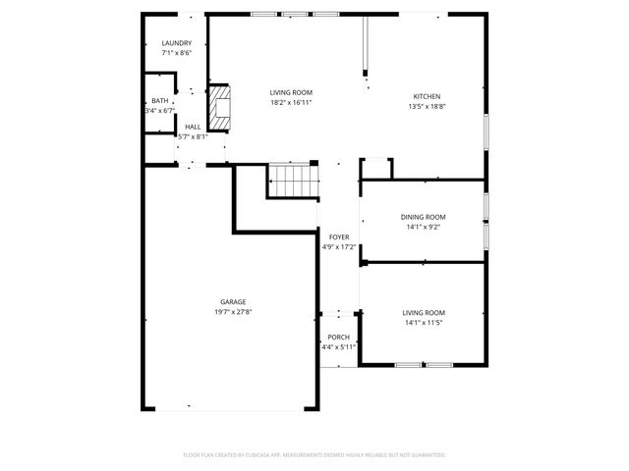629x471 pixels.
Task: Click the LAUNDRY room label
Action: click(177, 43)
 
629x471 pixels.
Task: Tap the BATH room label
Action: click(159, 101)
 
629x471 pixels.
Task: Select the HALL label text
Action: click(193, 127)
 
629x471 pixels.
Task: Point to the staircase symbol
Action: click(292, 182)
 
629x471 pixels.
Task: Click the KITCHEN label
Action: click(427, 96)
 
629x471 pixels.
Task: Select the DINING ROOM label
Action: click(423, 217)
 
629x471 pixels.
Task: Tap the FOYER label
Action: click(338, 237)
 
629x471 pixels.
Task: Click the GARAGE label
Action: click(233, 302)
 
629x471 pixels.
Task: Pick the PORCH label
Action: click(338, 338)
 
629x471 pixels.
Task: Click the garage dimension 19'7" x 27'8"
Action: click(233, 312)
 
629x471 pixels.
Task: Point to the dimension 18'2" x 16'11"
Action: click(291, 102)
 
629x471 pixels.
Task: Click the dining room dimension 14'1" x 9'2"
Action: click(423, 227)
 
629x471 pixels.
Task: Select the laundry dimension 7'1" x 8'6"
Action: click(177, 53)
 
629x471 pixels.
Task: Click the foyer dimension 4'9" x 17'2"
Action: click(338, 247)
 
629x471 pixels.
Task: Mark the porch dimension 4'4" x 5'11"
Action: click(338, 347)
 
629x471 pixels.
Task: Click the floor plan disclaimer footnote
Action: click(314, 454)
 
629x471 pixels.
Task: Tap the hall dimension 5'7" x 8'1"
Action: click(193, 136)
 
